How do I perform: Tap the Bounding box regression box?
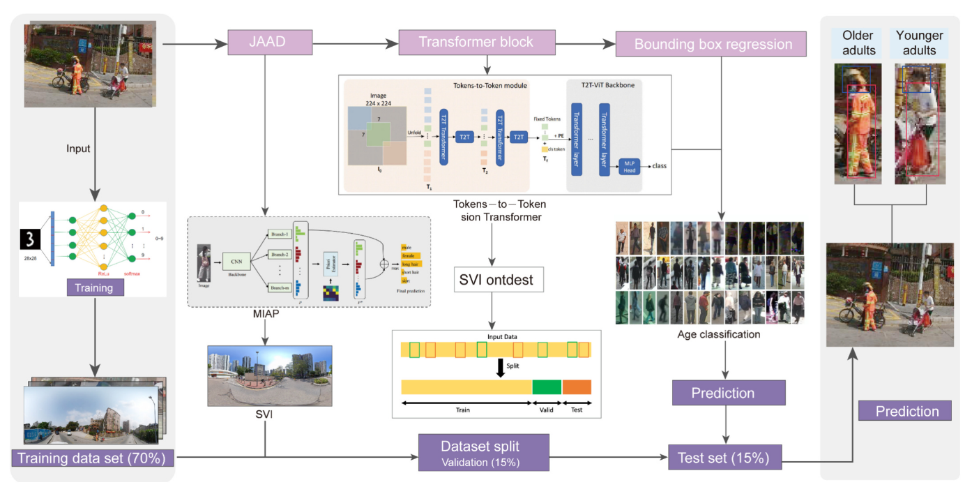[712, 44]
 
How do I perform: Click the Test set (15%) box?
[723, 458]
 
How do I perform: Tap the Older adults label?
[858, 43]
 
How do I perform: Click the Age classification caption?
[718, 334]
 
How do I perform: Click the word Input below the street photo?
[78, 149]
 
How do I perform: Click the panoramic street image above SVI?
[269, 375]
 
